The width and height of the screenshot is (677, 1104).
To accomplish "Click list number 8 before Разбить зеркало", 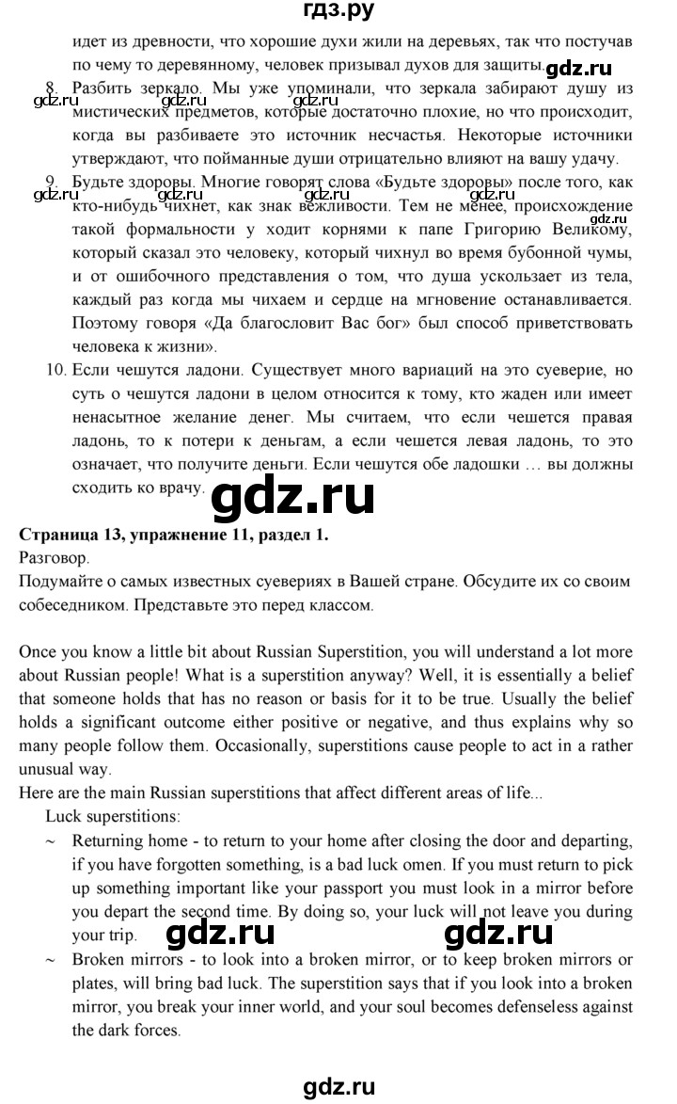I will coord(53,88).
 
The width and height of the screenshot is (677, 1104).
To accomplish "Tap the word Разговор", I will coord(50,558).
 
